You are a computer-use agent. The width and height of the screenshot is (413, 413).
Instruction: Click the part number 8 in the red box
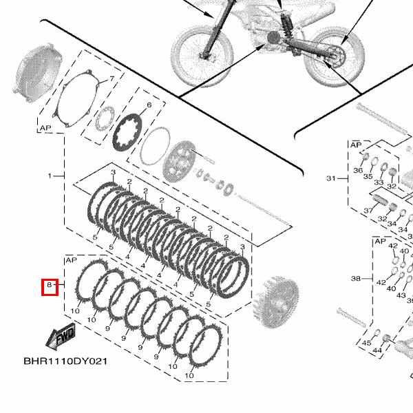point(49,285)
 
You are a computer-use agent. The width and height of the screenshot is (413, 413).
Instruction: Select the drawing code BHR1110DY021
point(65,361)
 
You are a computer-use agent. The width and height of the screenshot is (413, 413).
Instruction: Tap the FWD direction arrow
point(60,337)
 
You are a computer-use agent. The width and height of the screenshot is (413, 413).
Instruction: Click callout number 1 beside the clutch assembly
point(50,176)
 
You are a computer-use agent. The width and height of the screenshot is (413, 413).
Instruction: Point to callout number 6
point(149,106)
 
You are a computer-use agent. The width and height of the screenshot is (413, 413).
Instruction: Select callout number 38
point(355,279)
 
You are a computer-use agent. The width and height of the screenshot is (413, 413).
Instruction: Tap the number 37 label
point(368,211)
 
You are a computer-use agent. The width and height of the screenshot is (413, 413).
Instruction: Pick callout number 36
point(358,170)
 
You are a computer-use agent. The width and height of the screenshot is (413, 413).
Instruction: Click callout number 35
point(368,176)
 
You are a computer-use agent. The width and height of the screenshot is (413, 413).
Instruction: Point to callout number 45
point(366,342)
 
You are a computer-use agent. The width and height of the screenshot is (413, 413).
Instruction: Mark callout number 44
point(377,350)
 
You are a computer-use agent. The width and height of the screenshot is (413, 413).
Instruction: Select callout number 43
point(401,295)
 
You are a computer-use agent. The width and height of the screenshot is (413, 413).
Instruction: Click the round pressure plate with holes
point(180,160)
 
